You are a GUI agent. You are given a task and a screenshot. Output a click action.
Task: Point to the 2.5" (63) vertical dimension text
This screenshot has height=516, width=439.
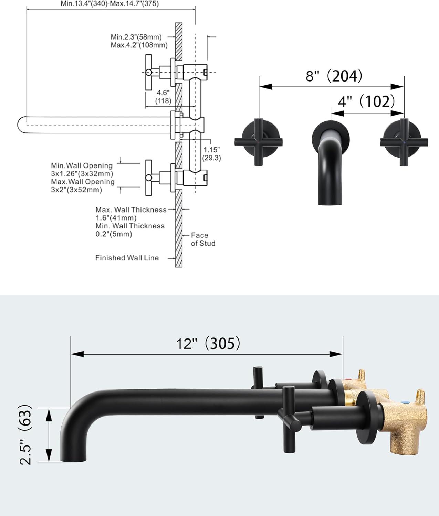[25, 435]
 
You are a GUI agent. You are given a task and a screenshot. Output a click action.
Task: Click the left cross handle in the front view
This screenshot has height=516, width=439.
[259, 141]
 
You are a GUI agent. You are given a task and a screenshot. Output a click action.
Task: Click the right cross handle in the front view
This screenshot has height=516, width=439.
[404, 141]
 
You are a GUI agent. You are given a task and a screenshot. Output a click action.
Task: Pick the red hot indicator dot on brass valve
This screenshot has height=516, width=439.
[348, 380]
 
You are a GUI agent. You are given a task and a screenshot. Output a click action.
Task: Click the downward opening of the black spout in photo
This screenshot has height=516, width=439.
[72, 460]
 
